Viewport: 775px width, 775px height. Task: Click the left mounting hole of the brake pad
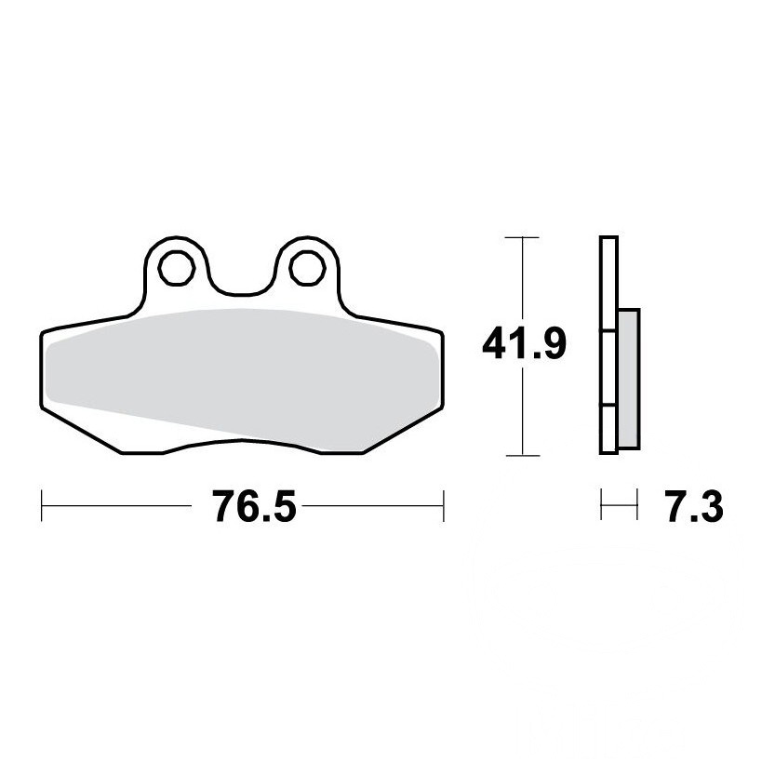tap(177, 268)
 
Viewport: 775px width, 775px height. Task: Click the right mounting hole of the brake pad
tap(308, 268)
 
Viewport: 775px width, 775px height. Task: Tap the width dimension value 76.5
tap(254, 506)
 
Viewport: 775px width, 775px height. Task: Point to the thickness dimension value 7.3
tap(694, 506)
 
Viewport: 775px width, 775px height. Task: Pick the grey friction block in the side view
tap(629, 379)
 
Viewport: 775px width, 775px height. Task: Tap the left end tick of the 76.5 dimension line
tap(42, 505)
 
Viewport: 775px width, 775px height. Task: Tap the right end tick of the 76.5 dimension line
tap(444, 505)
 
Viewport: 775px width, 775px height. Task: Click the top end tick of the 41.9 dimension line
tap(522, 238)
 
